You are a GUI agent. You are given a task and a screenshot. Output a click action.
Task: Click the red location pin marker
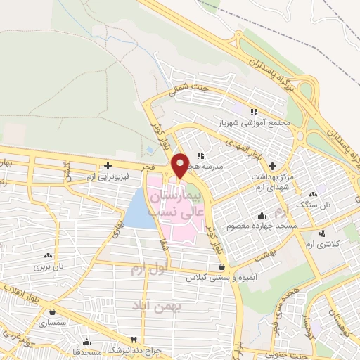click(x=179, y=165)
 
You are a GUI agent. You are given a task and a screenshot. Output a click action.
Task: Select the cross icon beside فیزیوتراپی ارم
click(x=107, y=166)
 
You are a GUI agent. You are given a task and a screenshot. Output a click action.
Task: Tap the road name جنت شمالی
click(x=186, y=91)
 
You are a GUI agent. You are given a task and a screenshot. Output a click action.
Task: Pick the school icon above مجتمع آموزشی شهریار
click(x=253, y=111)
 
